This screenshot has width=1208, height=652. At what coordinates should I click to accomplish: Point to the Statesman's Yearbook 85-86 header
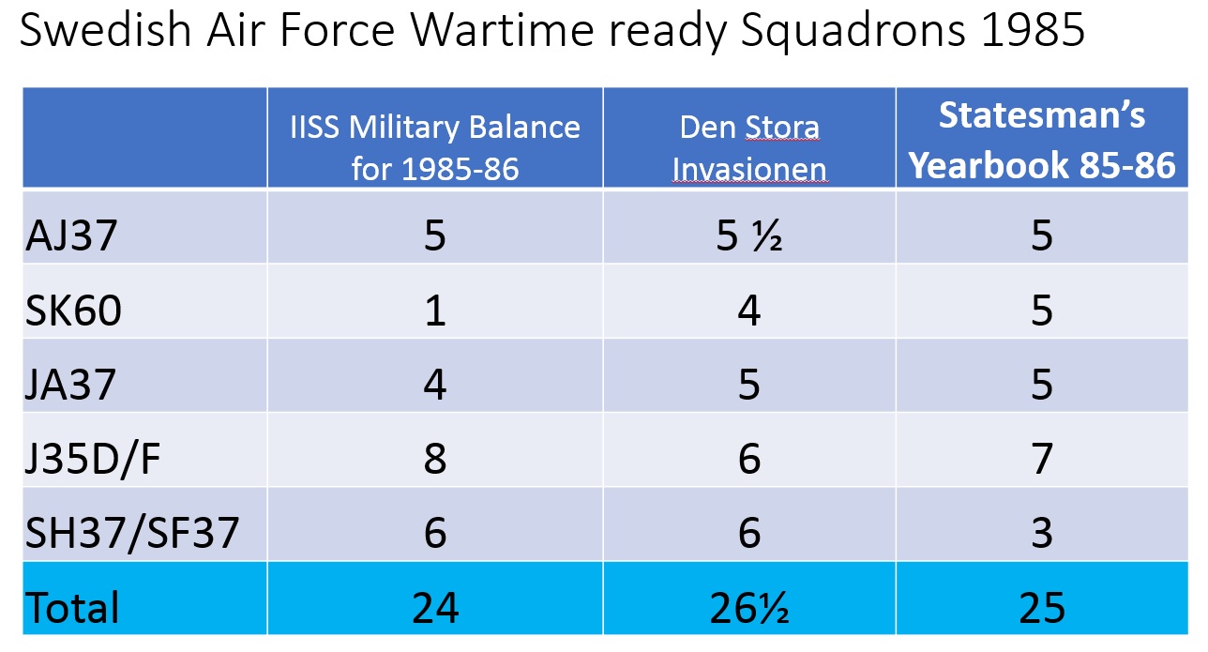[1042, 140]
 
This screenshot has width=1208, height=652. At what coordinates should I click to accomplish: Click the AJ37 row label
[71, 235]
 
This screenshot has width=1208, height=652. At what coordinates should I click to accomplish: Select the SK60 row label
[73, 310]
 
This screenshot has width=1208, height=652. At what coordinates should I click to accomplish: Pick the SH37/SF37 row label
[132, 534]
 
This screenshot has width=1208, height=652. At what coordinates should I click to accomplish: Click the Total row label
[72, 608]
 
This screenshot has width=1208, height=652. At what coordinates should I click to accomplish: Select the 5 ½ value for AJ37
[749, 235]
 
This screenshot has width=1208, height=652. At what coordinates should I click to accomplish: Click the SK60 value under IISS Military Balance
[435, 310]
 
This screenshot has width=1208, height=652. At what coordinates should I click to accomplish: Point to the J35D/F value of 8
[435, 459]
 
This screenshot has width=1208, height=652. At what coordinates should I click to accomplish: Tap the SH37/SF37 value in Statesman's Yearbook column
[1042, 534]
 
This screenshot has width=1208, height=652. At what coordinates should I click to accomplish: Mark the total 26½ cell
[749, 608]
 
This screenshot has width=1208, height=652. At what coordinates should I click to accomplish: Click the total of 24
[435, 608]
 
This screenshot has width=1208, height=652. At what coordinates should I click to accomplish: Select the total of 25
[1042, 608]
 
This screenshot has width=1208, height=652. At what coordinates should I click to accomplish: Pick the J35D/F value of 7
[1042, 459]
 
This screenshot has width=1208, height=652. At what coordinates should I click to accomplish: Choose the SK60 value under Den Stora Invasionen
[749, 310]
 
